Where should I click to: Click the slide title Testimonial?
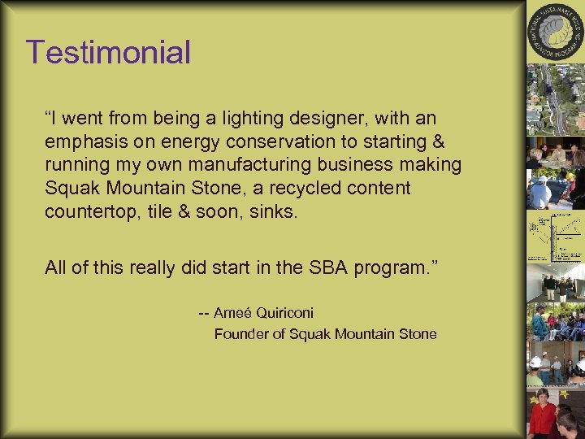pyautogui.click(x=108, y=53)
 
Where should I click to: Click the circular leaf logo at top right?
pyautogui.click(x=555, y=33)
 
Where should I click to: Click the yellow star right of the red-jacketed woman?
pyautogui.click(x=564, y=394)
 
